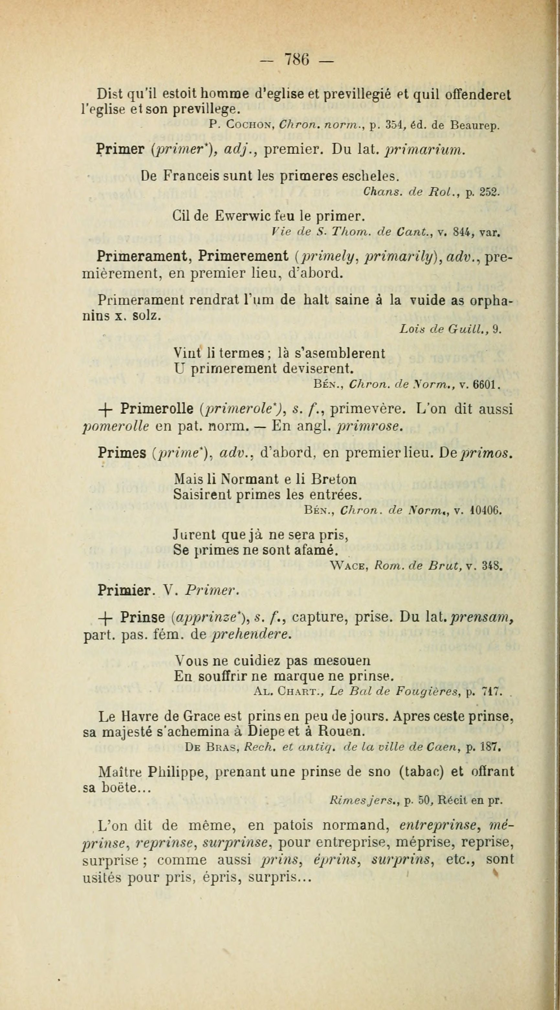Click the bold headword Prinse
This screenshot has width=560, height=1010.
click(x=143, y=617)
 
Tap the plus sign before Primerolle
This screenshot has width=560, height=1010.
click(x=104, y=410)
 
